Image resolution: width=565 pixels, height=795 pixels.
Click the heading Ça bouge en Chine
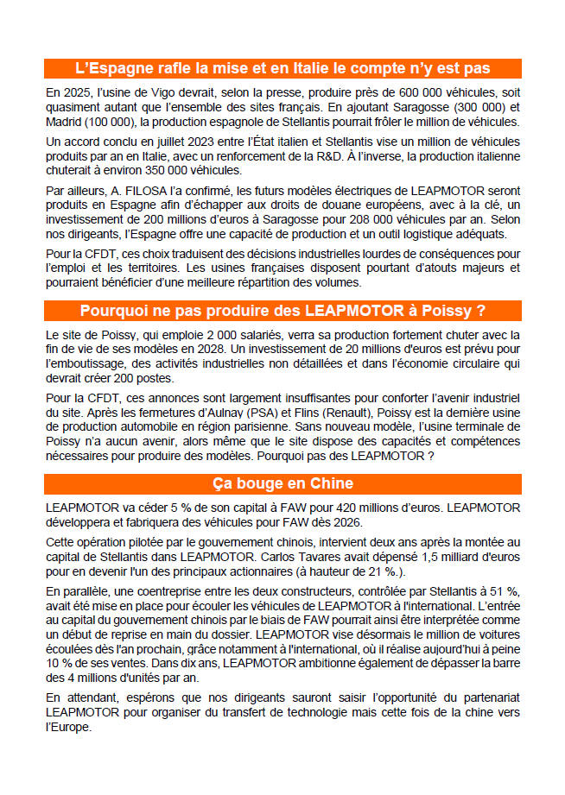tap(282, 483)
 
